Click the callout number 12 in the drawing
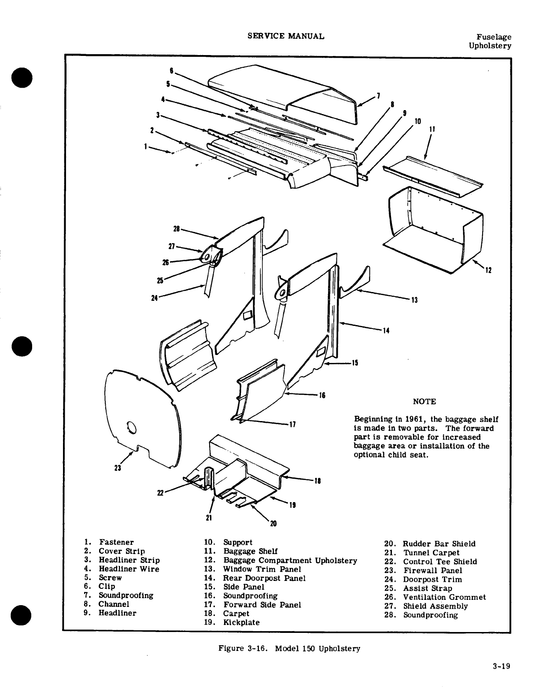click(488, 270)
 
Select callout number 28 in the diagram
click(177, 229)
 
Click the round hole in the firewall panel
click(131, 427)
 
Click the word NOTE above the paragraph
click(425, 402)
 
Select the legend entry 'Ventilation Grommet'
click(445, 597)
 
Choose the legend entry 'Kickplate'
click(241, 622)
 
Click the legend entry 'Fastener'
click(116, 542)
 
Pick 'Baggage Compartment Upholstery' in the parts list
click(290, 560)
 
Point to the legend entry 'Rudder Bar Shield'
click(439, 544)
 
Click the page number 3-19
click(502, 666)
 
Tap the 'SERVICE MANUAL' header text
click(286, 36)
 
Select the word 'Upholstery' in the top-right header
click(490, 46)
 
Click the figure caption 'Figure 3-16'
click(244, 648)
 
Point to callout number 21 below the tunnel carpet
click(209, 518)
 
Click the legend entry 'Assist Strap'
click(428, 588)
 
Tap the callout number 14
click(386, 331)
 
